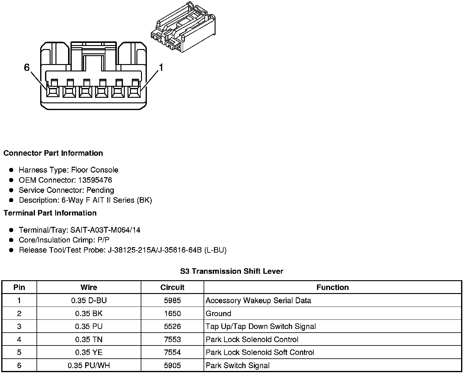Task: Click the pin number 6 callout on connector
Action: [x=27, y=67]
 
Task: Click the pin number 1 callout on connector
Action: [x=160, y=67]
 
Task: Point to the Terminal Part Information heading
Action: [x=50, y=213]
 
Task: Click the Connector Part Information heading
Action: [x=53, y=153]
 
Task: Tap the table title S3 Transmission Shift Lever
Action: [x=231, y=271]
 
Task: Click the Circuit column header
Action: [x=172, y=287]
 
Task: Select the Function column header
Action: [x=333, y=287]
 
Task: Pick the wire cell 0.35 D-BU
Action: [x=89, y=300]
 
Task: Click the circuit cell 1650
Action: [x=172, y=314]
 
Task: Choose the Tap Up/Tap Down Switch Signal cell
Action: [x=261, y=326]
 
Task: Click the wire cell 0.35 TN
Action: [x=89, y=339]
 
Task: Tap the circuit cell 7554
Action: [x=172, y=353]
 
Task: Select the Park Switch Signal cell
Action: [x=238, y=365]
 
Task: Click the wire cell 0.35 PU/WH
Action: [x=89, y=365]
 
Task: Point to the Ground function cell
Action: [x=218, y=314]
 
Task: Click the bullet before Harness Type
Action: [x=11, y=170]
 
